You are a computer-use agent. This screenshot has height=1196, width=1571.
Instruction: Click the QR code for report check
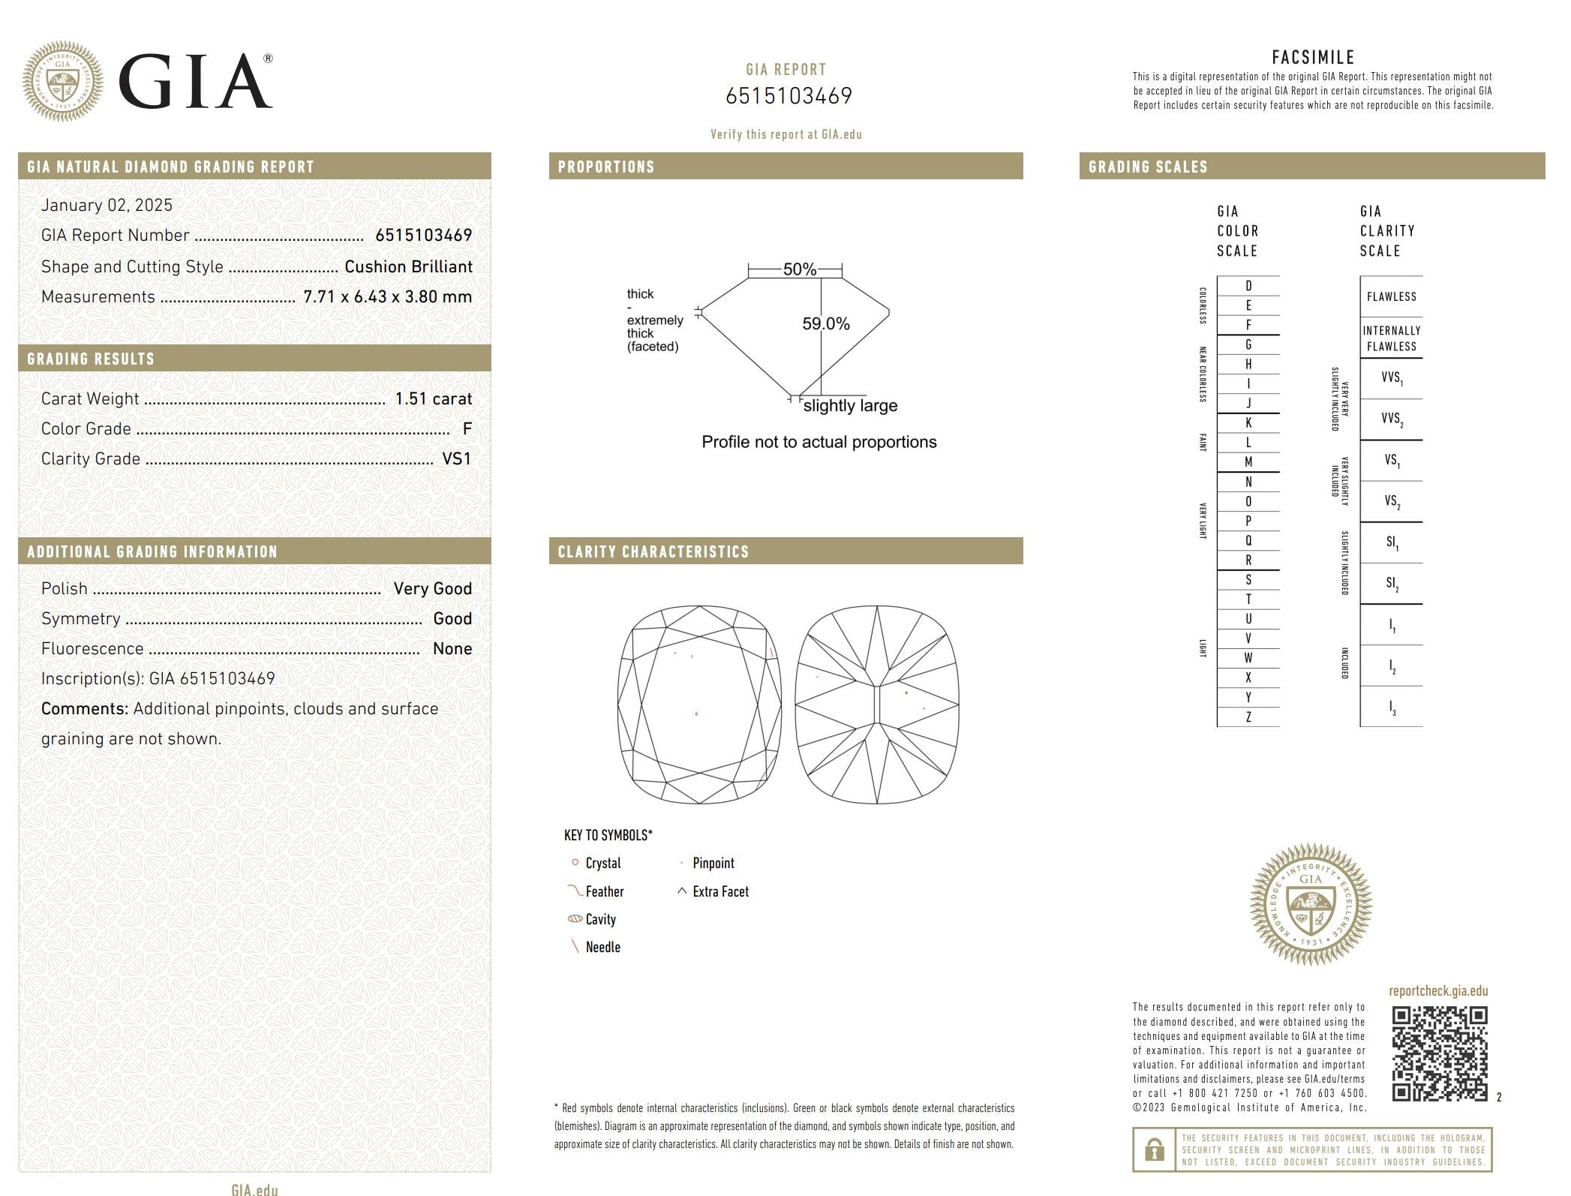(x=1440, y=1053)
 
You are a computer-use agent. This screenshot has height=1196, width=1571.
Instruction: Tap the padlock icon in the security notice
(x=1155, y=1149)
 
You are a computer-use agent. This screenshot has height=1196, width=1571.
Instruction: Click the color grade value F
(x=467, y=428)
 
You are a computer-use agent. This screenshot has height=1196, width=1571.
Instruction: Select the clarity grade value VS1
(x=457, y=458)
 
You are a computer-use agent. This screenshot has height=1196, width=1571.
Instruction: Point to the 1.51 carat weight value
(x=434, y=398)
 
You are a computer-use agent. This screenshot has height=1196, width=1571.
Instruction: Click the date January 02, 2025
(x=107, y=205)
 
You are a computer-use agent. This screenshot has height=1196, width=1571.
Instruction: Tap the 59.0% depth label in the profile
(x=826, y=323)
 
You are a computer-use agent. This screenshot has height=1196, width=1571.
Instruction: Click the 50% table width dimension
(x=800, y=269)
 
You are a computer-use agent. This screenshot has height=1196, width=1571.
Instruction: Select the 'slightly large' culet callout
(x=850, y=406)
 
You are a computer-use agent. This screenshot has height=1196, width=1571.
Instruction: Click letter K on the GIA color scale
(x=1248, y=422)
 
